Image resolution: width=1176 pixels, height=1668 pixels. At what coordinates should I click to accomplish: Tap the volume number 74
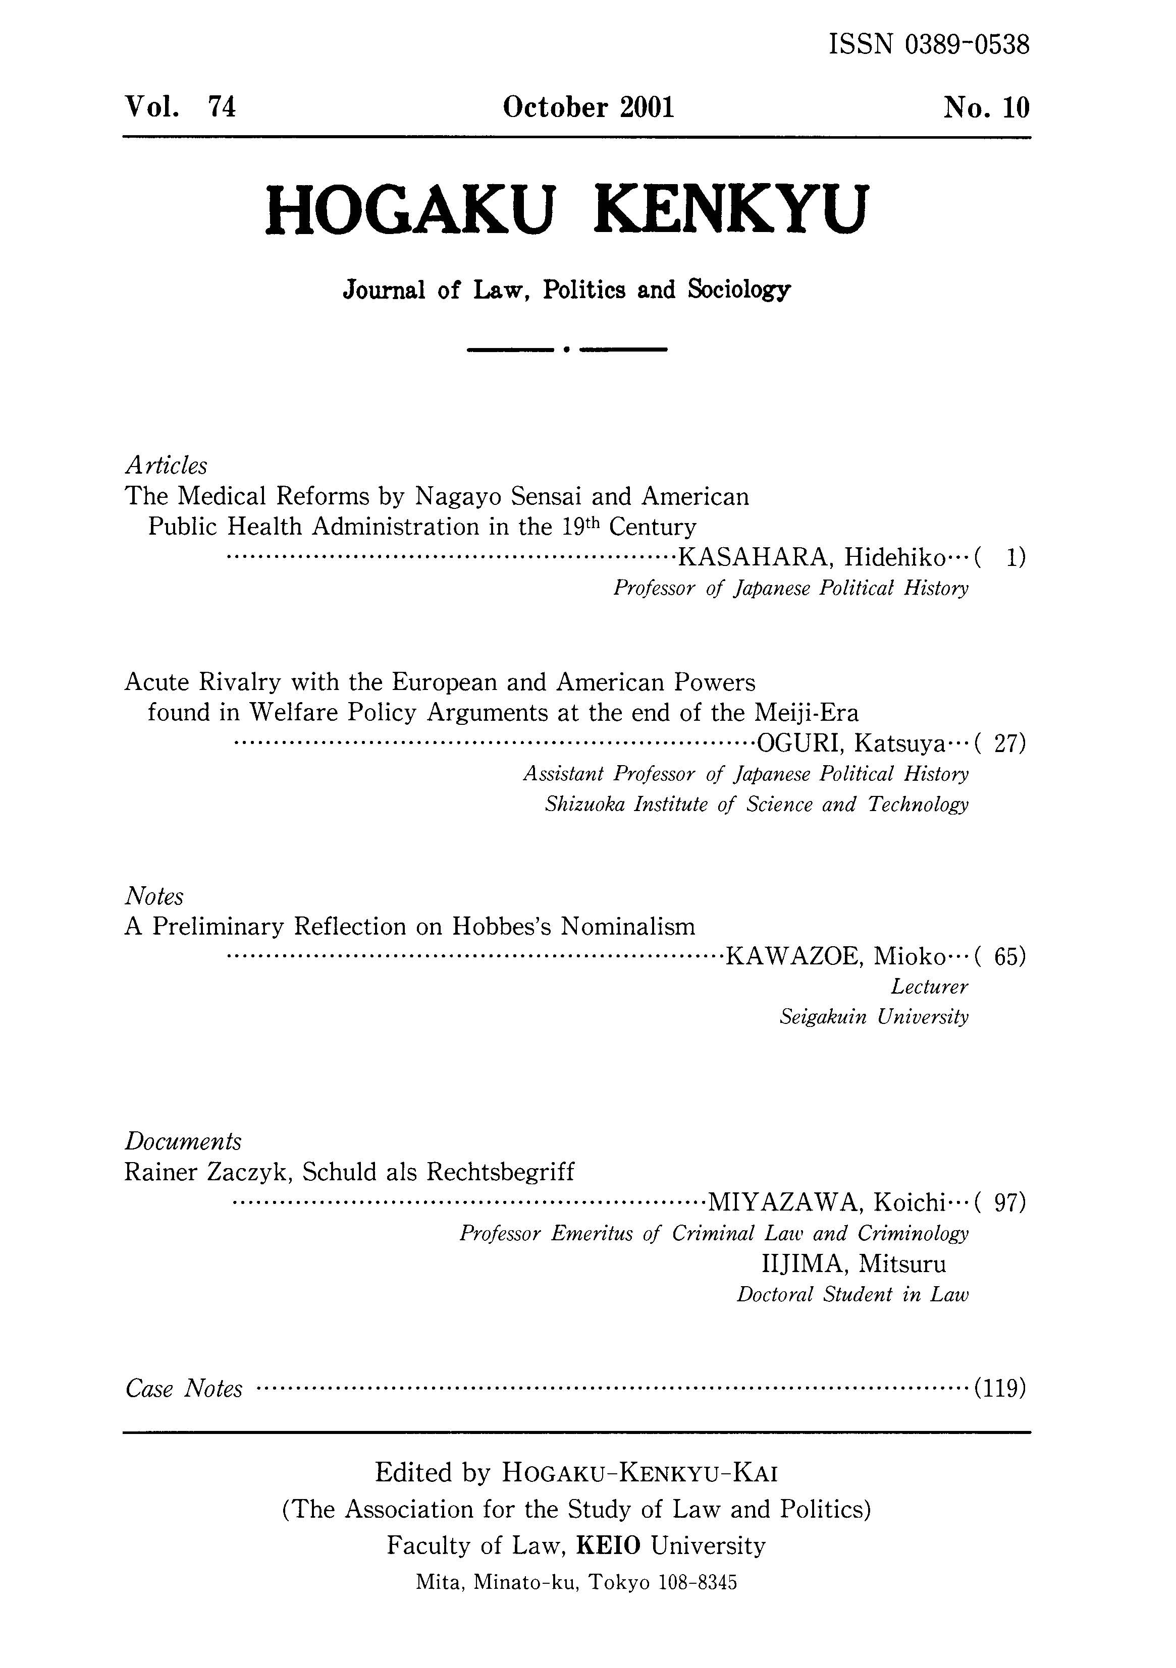point(222,107)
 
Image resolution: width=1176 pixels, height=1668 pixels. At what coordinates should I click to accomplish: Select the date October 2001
point(588,107)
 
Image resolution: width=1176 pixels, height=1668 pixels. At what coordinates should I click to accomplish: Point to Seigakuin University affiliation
point(874,1016)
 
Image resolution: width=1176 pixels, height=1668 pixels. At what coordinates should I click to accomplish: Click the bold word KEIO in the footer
point(608,1545)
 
